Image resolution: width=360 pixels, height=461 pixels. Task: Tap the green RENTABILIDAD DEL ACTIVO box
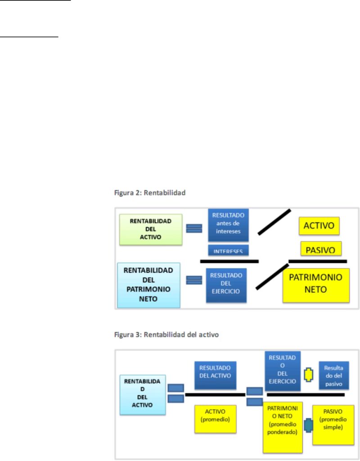(x=150, y=229)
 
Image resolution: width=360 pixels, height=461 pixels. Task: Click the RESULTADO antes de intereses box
(x=229, y=224)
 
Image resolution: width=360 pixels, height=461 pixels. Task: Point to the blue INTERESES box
(x=229, y=250)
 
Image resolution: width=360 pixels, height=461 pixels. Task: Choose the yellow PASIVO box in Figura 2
(x=321, y=248)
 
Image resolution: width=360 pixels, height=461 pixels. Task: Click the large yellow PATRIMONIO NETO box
(x=315, y=284)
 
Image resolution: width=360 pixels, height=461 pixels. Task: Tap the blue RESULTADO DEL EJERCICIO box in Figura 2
(x=226, y=283)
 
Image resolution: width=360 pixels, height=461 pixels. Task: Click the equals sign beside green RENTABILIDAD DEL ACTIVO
(x=194, y=228)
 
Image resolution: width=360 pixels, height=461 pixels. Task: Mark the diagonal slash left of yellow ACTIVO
(x=274, y=222)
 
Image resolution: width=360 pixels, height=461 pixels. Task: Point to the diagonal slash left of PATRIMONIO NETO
(x=271, y=276)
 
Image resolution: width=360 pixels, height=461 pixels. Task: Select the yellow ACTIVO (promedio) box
(x=215, y=419)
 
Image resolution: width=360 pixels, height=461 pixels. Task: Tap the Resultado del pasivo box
(x=333, y=375)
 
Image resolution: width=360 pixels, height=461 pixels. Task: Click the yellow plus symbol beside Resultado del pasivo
(x=309, y=375)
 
